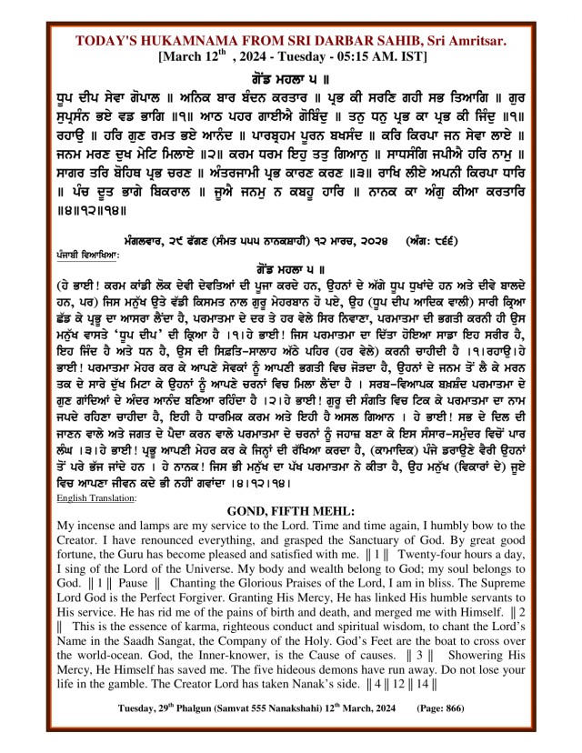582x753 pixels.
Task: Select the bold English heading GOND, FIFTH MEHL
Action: [290, 511]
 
